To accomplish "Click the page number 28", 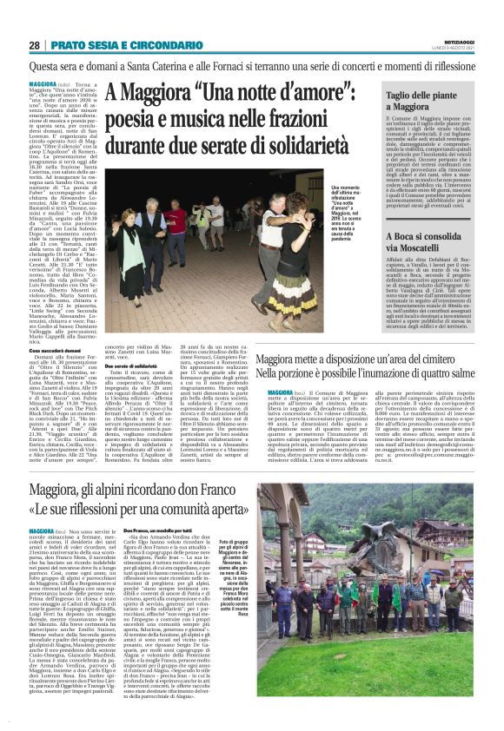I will pos(34,45).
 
